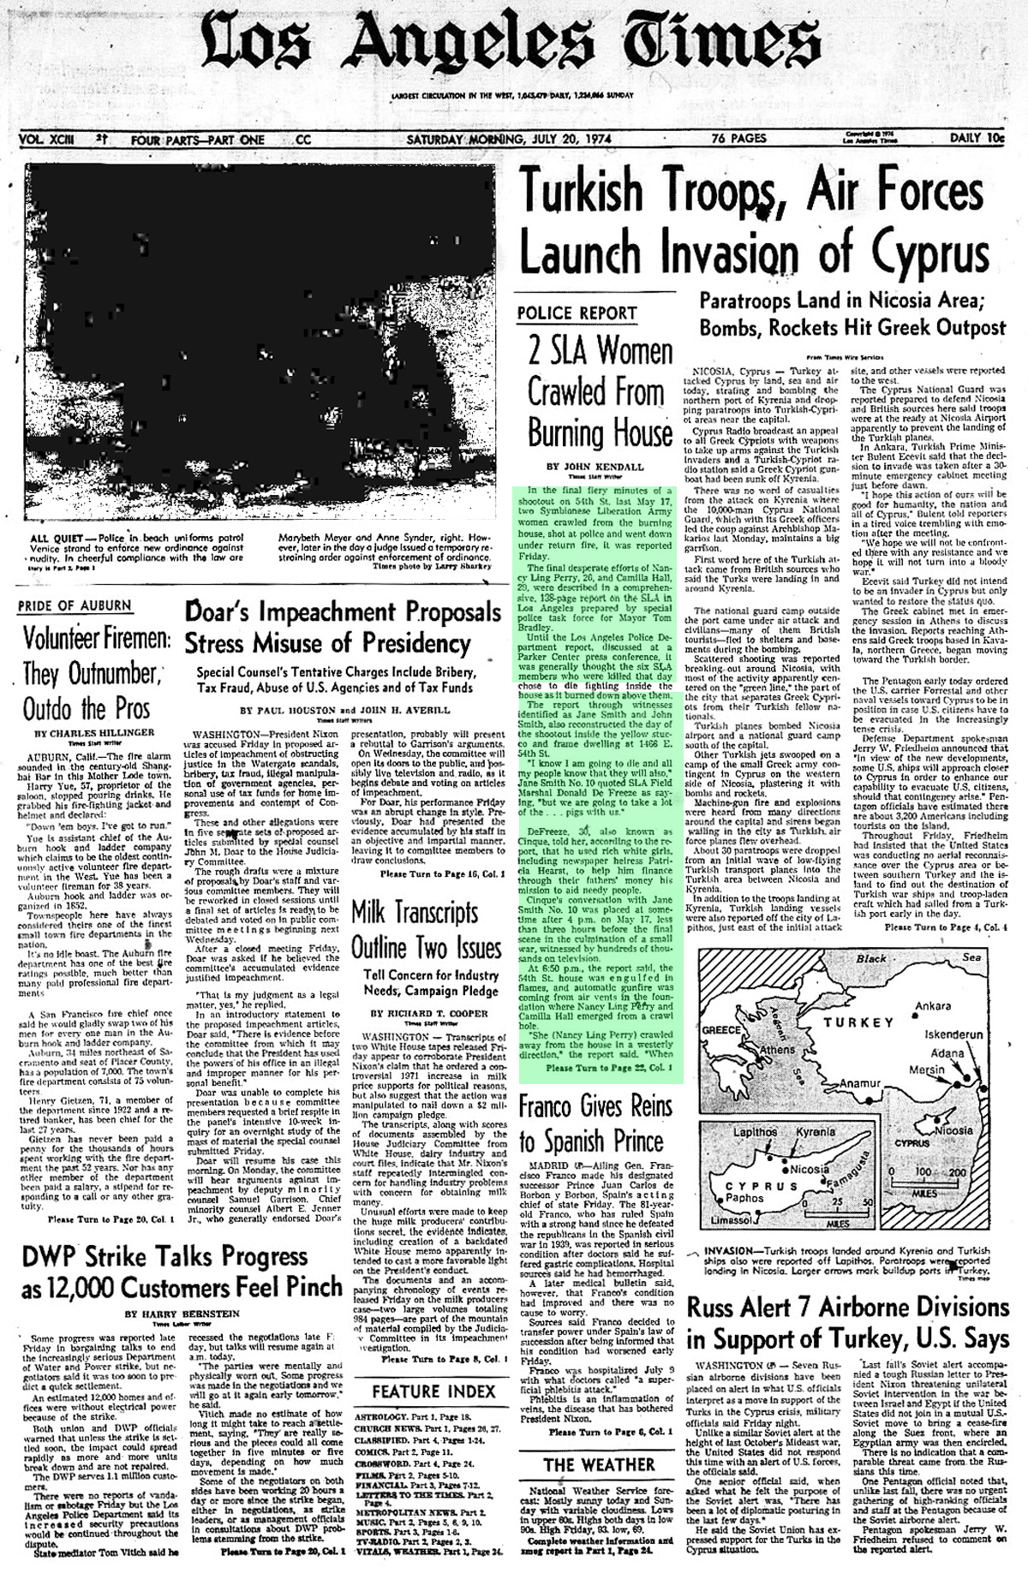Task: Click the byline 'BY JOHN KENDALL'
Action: [595, 467]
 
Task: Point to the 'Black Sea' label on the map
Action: [908, 957]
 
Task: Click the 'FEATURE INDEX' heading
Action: [433, 1391]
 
